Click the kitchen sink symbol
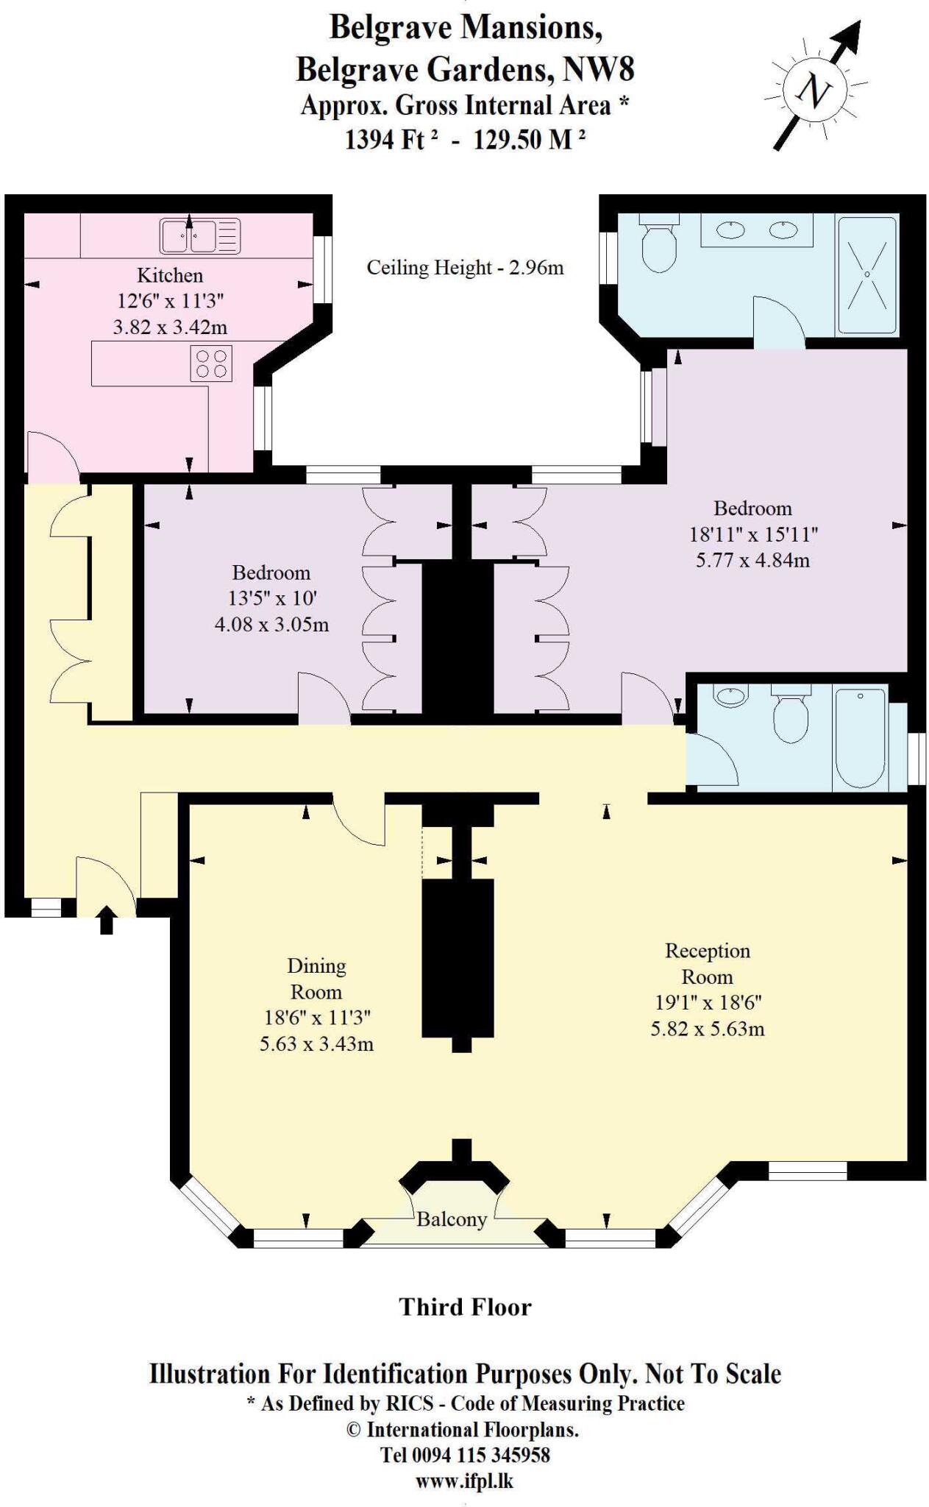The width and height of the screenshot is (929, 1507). point(199,236)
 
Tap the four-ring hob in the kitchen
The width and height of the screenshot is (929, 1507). point(211,364)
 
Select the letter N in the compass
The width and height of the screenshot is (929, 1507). point(814,91)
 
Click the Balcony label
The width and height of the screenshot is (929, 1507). point(451,1219)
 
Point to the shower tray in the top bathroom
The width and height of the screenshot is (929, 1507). point(867,274)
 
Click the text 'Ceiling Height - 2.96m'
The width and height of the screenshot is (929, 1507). point(465,267)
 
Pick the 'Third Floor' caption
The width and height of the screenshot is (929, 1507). point(465,1307)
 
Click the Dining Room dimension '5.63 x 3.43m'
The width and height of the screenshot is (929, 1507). point(316,1043)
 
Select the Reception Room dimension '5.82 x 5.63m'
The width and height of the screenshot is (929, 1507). point(707,1029)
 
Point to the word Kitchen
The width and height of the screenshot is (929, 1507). point(170,275)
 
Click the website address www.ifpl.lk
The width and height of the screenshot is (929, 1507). point(464,1481)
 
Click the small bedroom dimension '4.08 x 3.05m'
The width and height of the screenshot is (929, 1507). point(271,625)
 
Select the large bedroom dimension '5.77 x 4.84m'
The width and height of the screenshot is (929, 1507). point(752,560)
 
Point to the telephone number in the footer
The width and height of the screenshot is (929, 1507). point(465,1455)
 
